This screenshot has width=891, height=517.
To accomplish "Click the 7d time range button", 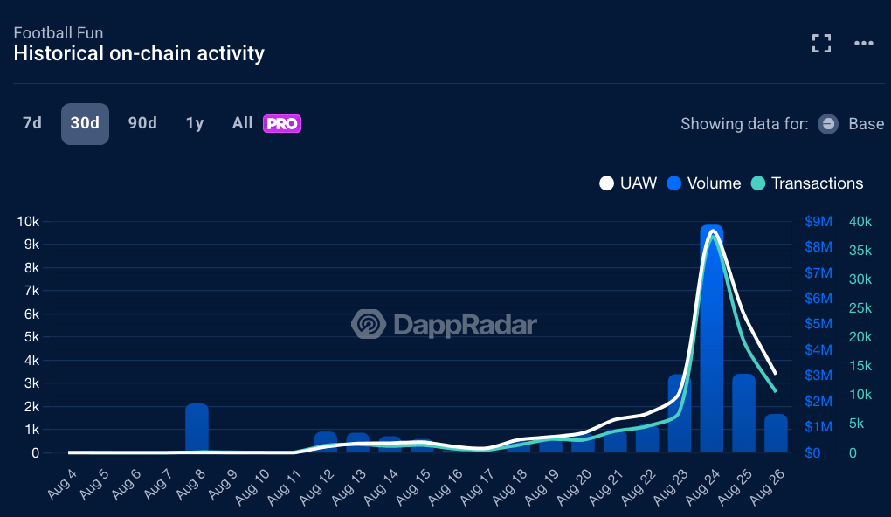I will [32, 123].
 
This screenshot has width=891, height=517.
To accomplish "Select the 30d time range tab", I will [85, 123].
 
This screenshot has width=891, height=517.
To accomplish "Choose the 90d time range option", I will [142, 123].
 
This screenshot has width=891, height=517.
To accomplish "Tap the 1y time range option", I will [195, 123].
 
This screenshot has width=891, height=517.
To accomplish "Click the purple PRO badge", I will [282, 124].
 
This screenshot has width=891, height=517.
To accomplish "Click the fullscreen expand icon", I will [821, 44].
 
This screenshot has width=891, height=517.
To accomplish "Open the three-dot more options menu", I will [864, 44].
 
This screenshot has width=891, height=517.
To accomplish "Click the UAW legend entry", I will [628, 183].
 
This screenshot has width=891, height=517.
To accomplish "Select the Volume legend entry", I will [703, 183].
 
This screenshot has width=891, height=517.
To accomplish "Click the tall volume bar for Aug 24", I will [712, 349].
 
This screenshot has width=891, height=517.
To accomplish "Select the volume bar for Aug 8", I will [197, 428].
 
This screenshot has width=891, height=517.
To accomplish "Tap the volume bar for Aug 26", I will [776, 433].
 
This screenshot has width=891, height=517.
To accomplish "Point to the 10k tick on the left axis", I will [28, 222].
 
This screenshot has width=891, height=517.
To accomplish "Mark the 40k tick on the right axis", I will [860, 222].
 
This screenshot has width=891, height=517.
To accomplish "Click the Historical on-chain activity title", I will [139, 53].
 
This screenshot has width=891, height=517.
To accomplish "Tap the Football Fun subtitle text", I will [59, 33].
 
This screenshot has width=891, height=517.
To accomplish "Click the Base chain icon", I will [828, 124].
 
